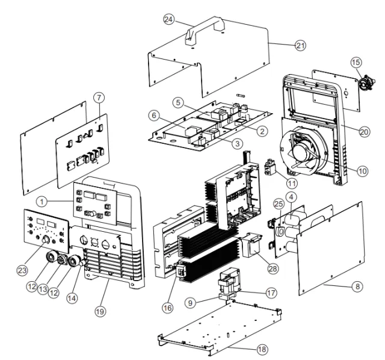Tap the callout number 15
[x=357, y=62]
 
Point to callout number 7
[x=100, y=98]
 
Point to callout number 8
[x=357, y=286]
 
